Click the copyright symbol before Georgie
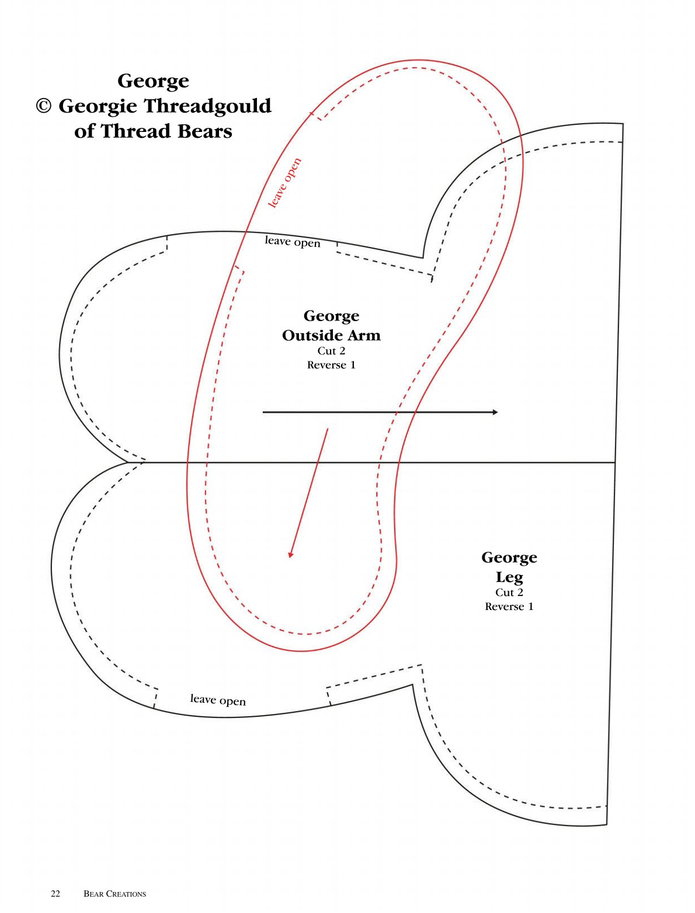[x=44, y=106]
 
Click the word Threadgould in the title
[x=208, y=106]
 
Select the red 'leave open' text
[x=284, y=183]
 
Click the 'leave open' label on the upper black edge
[x=293, y=241]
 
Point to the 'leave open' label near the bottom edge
[x=218, y=699]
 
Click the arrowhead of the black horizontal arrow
[x=495, y=412]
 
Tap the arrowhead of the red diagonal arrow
[x=290, y=554]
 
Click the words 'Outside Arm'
[x=331, y=335]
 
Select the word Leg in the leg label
[x=509, y=578]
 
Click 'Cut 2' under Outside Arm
[x=331, y=351]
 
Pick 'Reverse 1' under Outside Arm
[x=331, y=365]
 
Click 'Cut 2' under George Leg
[x=509, y=593]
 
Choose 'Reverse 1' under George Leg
[x=509, y=607]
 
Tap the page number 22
[x=55, y=894]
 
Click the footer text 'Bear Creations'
[x=115, y=894]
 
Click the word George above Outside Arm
[x=331, y=316]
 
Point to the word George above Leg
[x=509, y=558]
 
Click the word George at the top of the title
[x=153, y=82]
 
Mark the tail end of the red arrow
[x=328, y=428]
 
